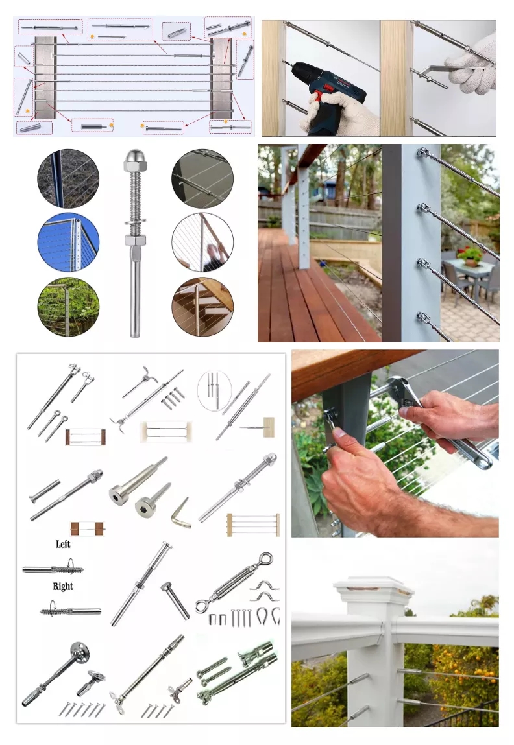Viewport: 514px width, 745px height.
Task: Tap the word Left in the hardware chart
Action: (63, 544)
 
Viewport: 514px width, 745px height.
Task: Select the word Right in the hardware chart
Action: (63, 586)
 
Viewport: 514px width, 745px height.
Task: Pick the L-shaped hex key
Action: (181, 514)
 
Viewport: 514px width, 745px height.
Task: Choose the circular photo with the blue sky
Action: (69, 242)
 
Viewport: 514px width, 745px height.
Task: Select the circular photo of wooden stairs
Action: (202, 307)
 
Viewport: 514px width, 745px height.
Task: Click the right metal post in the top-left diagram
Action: (221, 78)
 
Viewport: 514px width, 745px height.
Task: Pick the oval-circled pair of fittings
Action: (214, 390)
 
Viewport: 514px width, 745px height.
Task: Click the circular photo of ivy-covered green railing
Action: (69, 307)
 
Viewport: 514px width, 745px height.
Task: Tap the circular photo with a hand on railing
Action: (202, 242)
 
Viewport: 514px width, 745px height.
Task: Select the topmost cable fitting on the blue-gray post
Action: (423, 154)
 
